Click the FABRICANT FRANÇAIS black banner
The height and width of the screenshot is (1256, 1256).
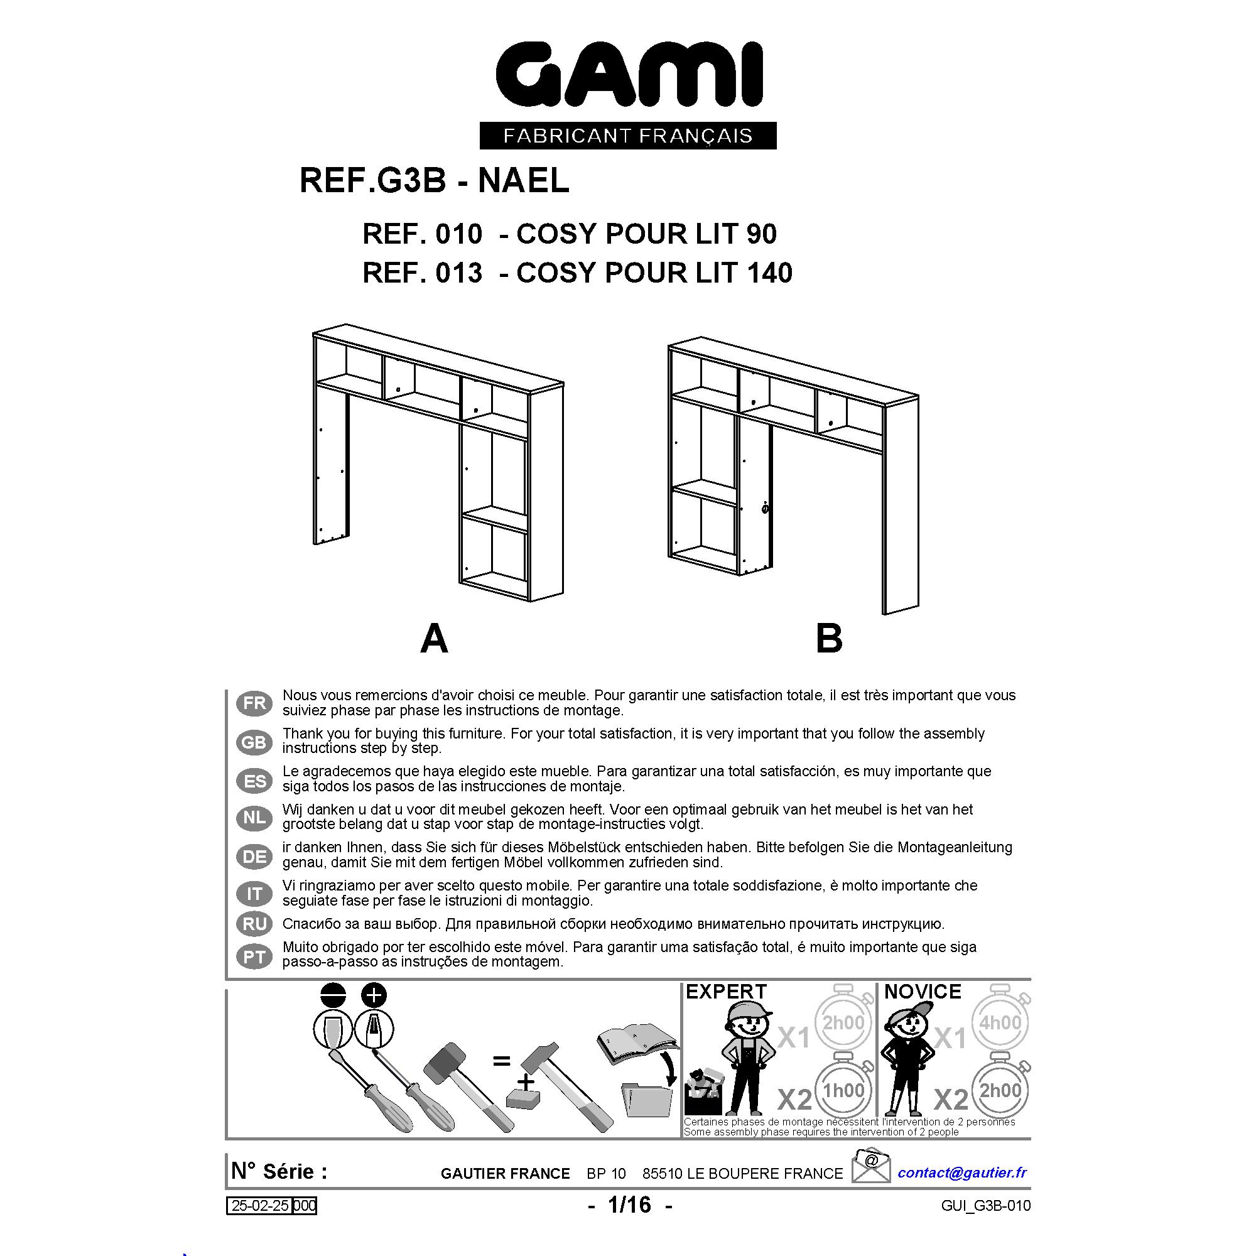628,135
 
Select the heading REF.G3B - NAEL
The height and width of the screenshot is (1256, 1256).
435,180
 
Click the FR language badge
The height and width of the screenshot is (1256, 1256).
254,703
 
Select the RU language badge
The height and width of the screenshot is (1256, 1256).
254,924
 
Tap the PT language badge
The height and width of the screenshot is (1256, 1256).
254,957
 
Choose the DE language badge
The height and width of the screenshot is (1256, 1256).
254,857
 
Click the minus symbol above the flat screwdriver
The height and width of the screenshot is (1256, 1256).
333,995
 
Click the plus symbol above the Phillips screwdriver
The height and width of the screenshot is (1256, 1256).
373,995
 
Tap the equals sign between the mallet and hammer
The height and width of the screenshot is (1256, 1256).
501,1061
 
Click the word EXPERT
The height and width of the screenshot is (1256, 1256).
726,992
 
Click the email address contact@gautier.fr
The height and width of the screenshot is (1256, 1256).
962,1172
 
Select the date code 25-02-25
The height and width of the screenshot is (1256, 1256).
260,1206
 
